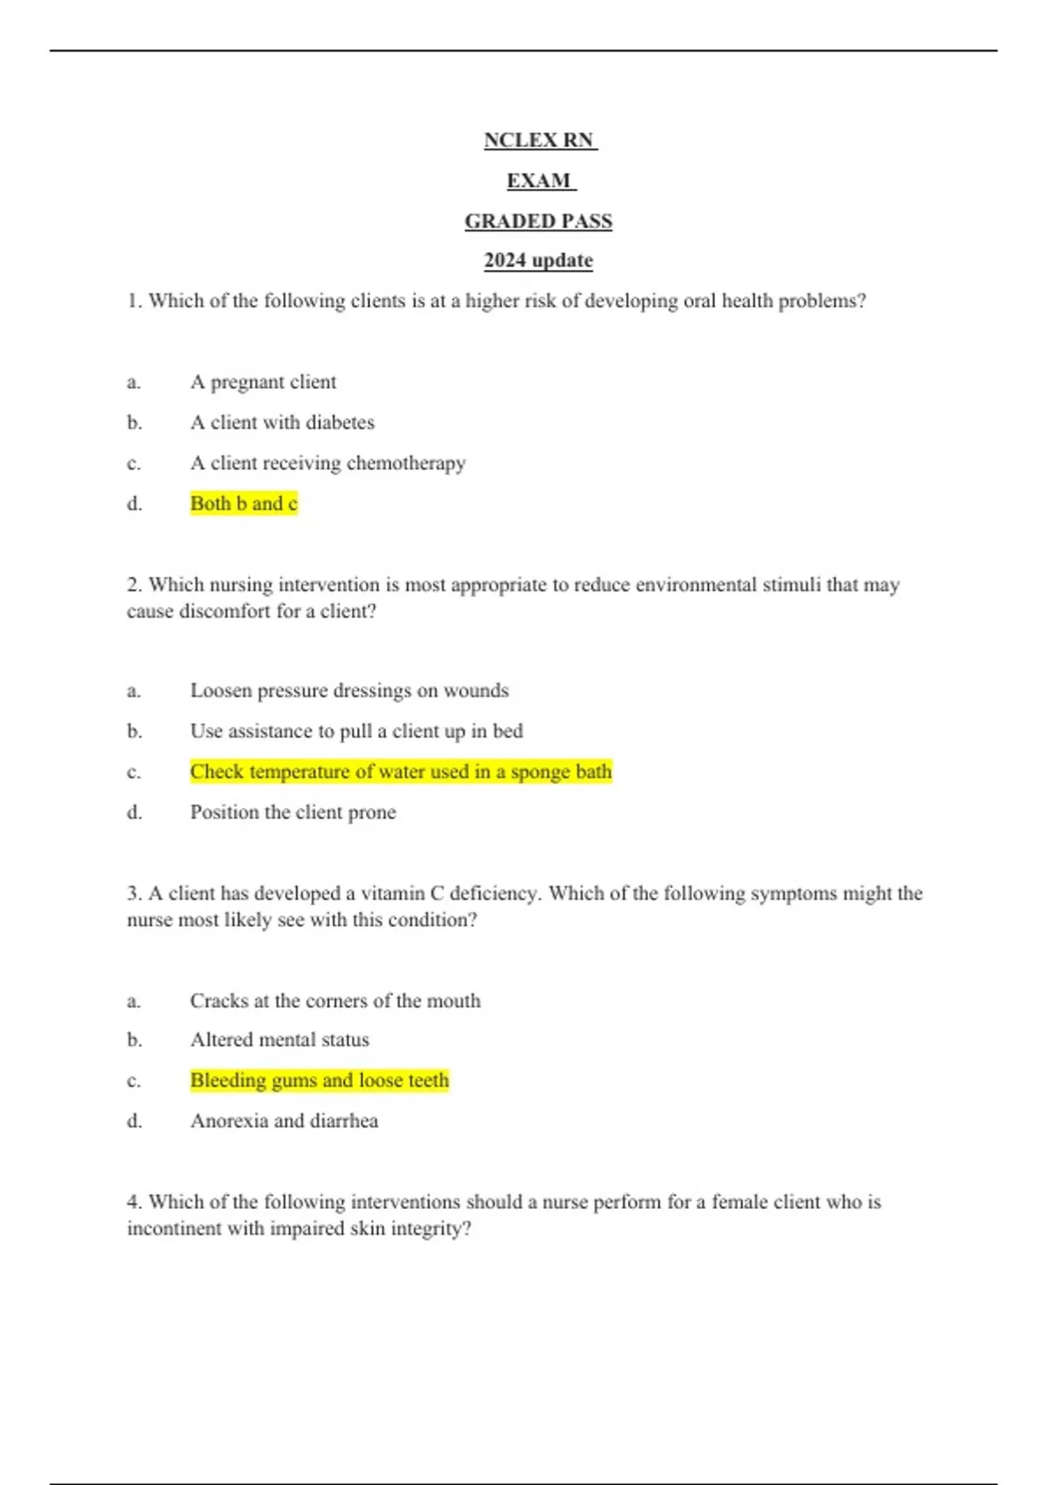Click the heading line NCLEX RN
[539, 141]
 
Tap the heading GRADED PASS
[538, 222]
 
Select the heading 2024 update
[538, 261]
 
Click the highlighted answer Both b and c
[244, 504]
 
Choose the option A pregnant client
[263, 383]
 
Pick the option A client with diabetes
[282, 423]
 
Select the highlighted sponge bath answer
[401, 772]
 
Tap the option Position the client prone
[293, 812]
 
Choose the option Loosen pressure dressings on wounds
[349, 691]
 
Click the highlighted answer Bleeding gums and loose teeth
[320, 1081]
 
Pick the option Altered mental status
[279, 1040]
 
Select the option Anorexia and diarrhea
[284, 1121]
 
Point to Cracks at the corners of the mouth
[335, 1001]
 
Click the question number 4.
[134, 1202]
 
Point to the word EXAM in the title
[539, 181]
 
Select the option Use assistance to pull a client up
[356, 731]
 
